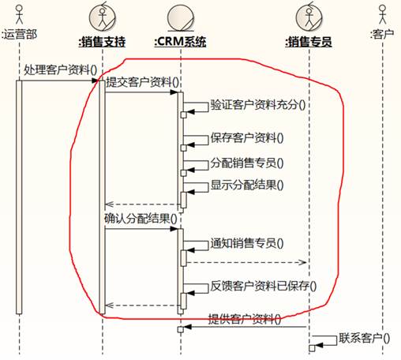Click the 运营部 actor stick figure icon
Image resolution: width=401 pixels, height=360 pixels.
[x=19, y=14]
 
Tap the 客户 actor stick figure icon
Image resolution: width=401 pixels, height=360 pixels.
[x=383, y=14]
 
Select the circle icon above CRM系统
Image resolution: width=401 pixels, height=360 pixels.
[x=181, y=18]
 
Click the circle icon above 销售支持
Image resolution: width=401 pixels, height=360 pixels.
[x=103, y=17]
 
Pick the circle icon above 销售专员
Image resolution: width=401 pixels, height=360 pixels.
[x=309, y=17]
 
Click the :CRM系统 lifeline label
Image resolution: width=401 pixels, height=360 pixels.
[x=180, y=42]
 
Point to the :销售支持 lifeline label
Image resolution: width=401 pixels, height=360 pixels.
[x=102, y=42]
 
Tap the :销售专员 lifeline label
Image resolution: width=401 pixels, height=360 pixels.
[x=309, y=42]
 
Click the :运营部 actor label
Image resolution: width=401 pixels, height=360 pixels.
[x=19, y=34]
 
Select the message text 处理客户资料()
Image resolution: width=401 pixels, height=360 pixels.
[x=61, y=70]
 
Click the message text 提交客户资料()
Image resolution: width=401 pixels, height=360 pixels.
[x=142, y=82]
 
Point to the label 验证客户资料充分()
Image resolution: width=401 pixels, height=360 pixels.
[x=258, y=105]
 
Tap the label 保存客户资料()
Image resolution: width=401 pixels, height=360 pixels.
[x=247, y=138]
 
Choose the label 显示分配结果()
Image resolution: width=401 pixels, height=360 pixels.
[x=247, y=185]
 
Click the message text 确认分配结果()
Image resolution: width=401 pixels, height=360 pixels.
[x=141, y=219]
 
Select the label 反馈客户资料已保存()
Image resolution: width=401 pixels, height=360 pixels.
[x=263, y=286]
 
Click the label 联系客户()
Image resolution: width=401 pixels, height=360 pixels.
[x=364, y=338]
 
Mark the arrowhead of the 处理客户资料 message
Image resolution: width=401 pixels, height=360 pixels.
[x=95, y=81]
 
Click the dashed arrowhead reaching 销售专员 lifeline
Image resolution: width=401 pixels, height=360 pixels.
[x=303, y=262]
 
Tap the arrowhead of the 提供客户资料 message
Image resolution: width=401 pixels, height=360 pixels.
[x=187, y=327]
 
